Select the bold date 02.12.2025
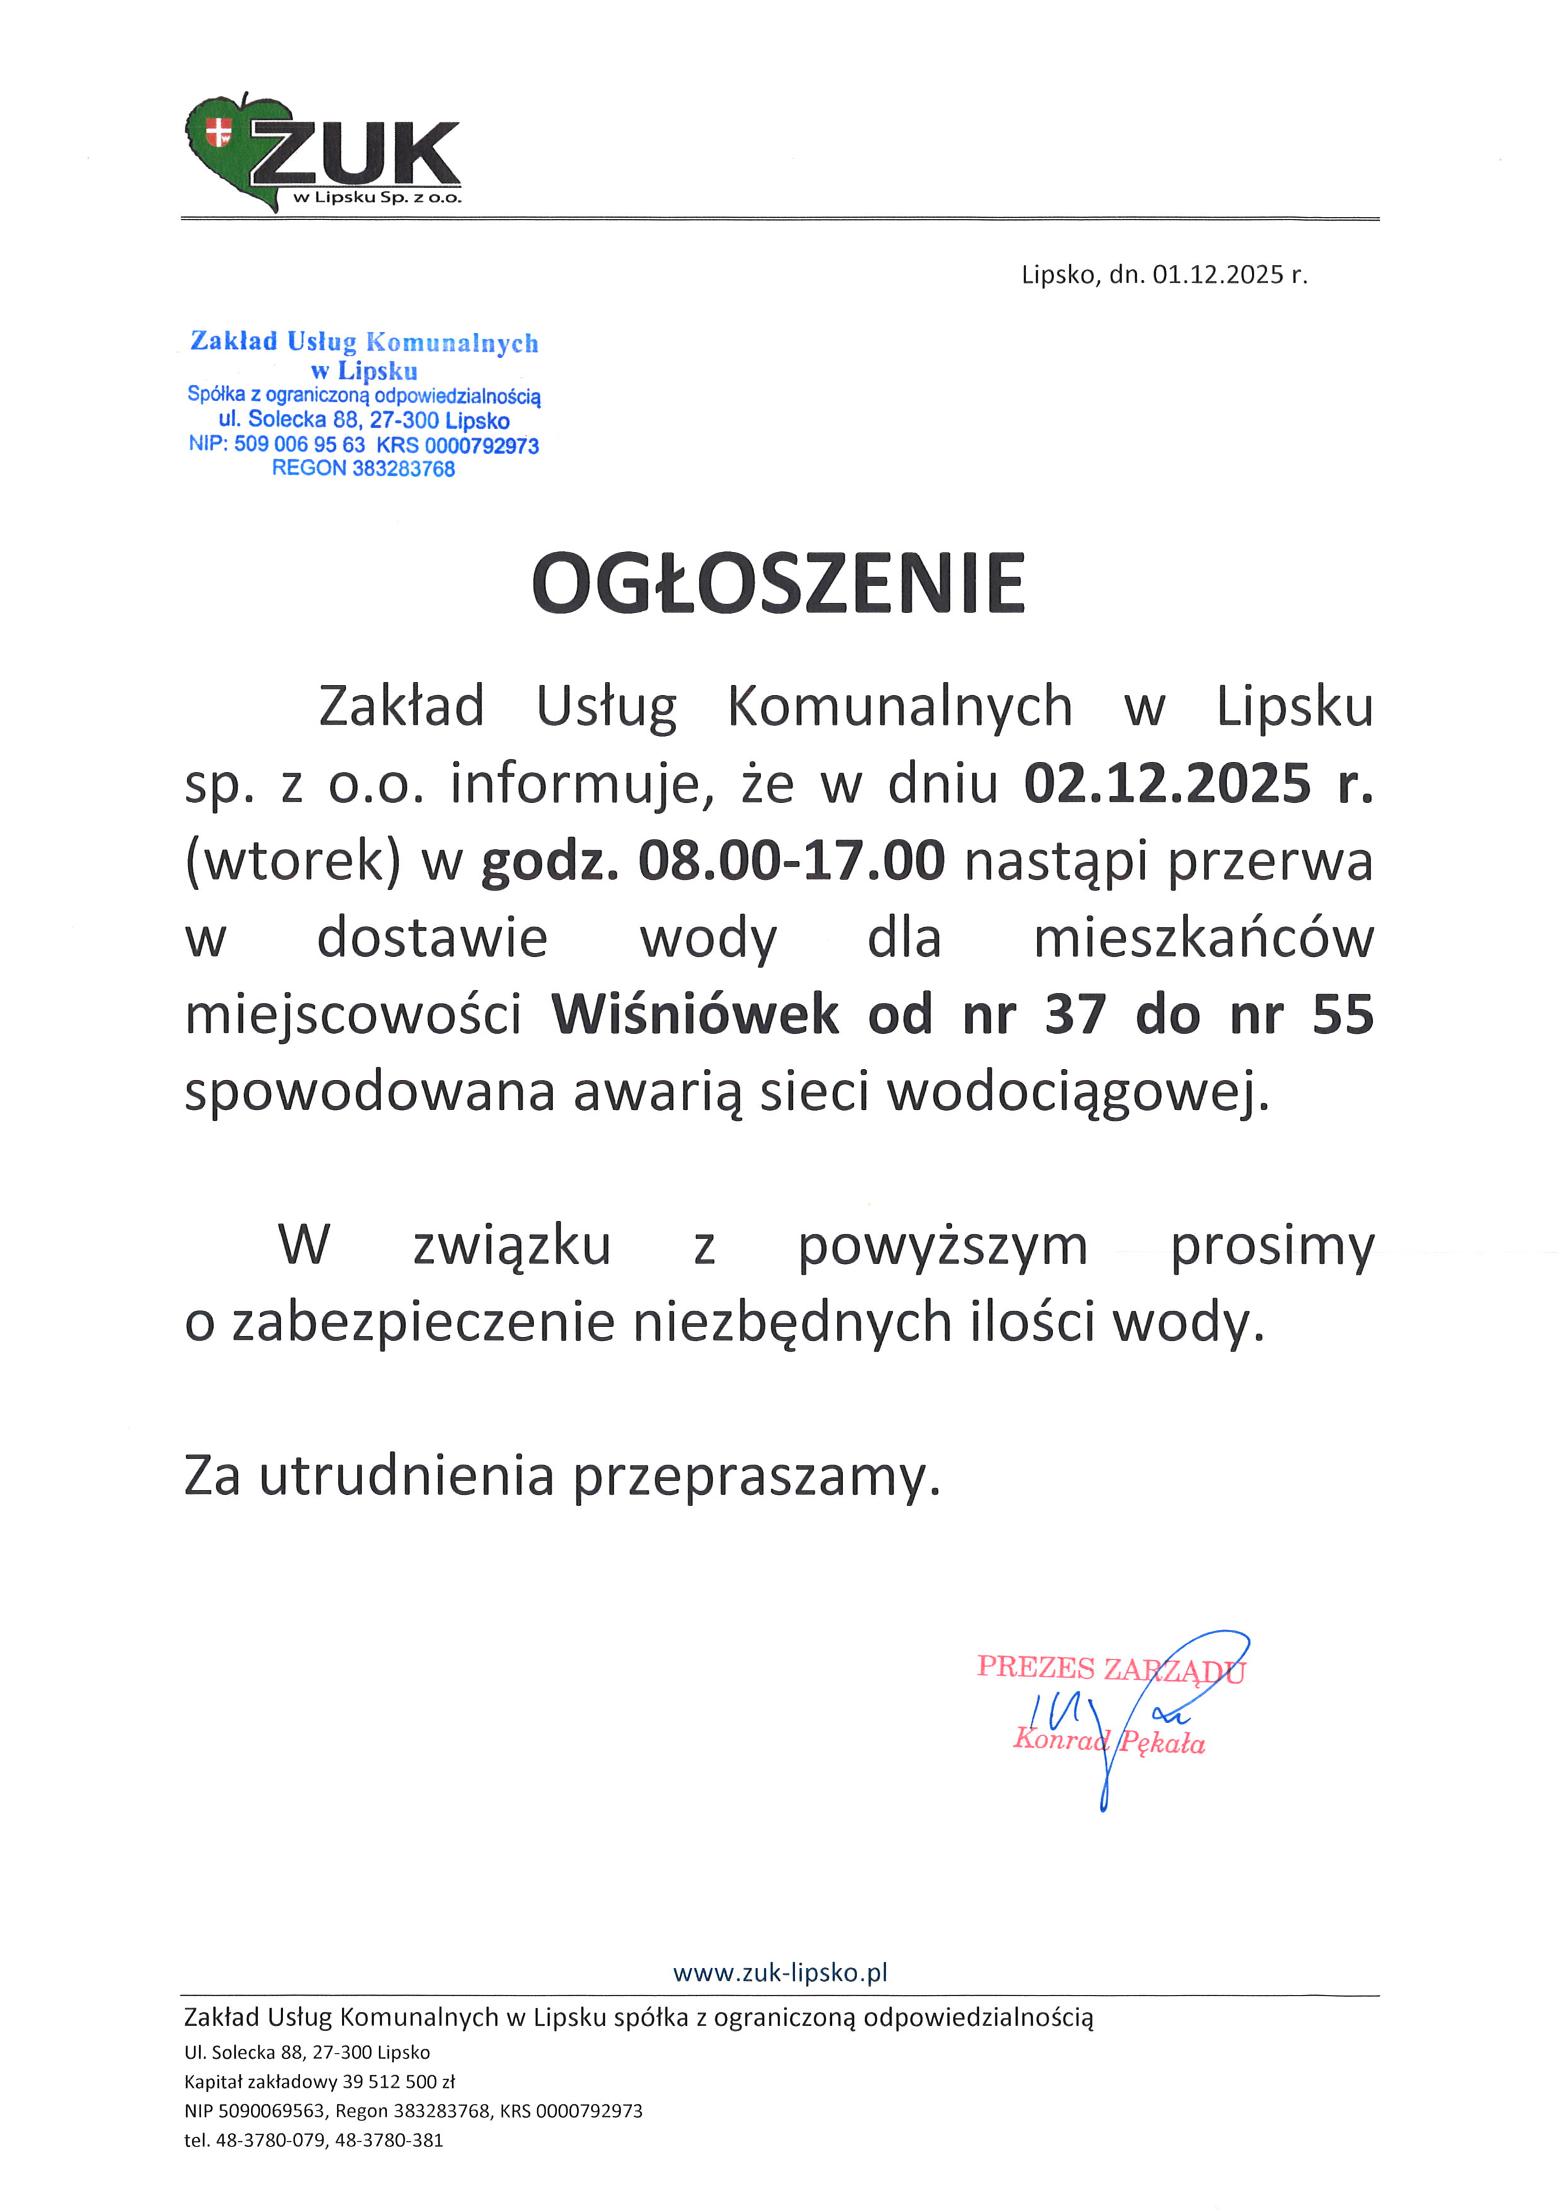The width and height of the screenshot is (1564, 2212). coord(1167,783)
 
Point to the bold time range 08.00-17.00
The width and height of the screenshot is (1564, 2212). coord(791,860)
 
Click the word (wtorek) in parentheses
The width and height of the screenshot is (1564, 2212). coord(292,860)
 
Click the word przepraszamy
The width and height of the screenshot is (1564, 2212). coord(756,1476)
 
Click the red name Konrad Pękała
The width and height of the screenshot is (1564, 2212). coord(1109,1741)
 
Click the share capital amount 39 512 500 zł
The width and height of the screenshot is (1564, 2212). coord(398,2081)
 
